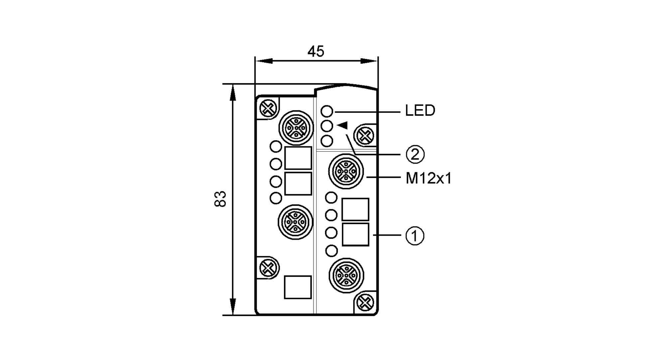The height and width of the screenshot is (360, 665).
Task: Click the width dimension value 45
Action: [316, 52]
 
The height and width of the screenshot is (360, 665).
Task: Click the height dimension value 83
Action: [220, 199]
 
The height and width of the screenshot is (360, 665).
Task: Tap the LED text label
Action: [420, 111]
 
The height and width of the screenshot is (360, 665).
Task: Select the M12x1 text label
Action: [429, 179]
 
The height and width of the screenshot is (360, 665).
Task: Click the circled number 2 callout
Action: [415, 155]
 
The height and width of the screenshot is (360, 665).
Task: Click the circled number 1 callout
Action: [415, 236]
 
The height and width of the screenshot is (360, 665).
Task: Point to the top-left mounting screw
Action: [268, 108]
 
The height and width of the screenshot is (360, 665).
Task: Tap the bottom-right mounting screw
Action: [365, 302]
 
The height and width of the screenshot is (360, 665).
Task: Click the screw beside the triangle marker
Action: [365, 136]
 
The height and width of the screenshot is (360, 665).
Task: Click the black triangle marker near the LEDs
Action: [342, 125]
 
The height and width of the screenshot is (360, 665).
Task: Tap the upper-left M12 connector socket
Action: [296, 128]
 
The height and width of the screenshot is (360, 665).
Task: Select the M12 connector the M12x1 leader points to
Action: [346, 171]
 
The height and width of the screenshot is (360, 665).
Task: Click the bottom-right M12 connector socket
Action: [346, 276]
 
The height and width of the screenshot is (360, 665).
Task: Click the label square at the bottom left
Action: [298, 287]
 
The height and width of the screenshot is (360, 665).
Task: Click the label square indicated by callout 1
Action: [355, 235]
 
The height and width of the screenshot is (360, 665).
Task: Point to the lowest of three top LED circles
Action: [327, 141]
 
